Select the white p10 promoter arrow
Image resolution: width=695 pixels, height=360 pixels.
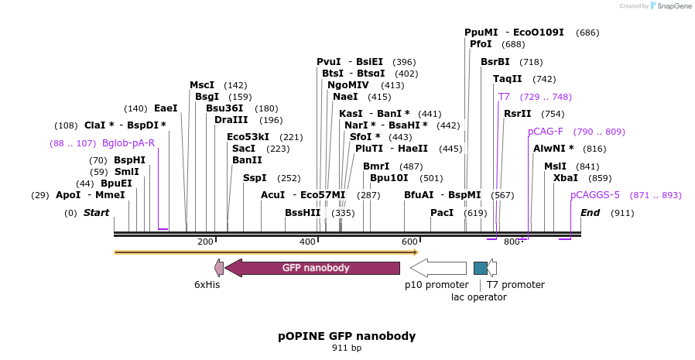(438, 268)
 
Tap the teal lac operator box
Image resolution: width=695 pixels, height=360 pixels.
(481, 268)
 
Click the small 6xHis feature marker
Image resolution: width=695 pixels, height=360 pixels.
(219, 268)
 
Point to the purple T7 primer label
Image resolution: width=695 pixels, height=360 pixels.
(504, 97)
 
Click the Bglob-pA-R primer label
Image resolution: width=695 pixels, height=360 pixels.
(128, 143)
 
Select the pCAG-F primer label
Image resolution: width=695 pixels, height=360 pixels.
(546, 132)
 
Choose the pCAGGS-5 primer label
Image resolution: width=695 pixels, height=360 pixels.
(595, 195)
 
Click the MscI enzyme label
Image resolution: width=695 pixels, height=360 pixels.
(202, 85)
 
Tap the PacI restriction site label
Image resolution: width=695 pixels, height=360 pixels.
(442, 213)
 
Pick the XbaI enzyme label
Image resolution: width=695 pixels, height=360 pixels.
(566, 178)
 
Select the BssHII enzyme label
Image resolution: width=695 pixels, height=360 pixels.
(303, 213)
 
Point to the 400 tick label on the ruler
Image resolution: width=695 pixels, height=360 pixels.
(307, 242)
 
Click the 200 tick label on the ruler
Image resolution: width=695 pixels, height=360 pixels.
(205, 242)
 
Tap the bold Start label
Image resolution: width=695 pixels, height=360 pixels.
(97, 213)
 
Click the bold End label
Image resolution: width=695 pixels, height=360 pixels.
(591, 213)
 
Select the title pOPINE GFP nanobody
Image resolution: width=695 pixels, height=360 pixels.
(347, 336)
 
